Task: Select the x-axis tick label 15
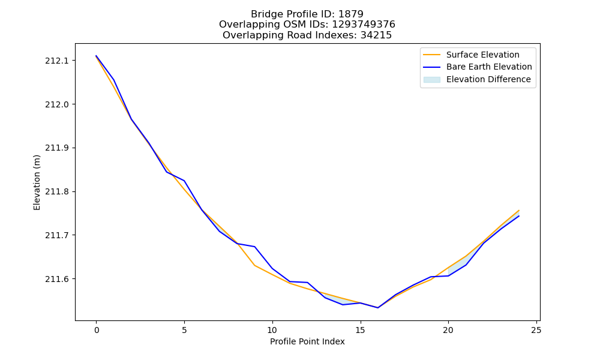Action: (x=360, y=330)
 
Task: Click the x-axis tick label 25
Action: (x=536, y=330)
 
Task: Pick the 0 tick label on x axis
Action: (x=97, y=330)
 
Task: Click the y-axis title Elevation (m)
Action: (x=37, y=182)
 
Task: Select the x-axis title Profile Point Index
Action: (x=307, y=341)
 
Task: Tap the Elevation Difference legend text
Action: (x=488, y=79)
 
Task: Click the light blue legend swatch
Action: (x=431, y=80)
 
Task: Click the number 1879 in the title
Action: (x=351, y=14)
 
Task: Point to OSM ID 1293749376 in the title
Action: (x=364, y=25)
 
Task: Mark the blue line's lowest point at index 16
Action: (x=377, y=308)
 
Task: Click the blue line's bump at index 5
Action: (x=184, y=181)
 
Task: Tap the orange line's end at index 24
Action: (x=519, y=210)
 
